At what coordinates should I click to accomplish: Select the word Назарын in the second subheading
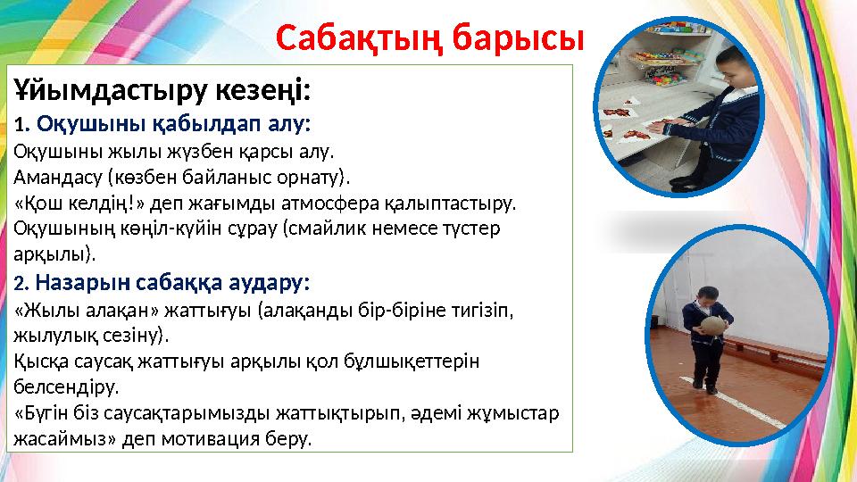[x=79, y=283]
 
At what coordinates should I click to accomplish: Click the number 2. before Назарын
[x=21, y=284]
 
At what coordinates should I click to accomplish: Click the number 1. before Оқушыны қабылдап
[x=21, y=122]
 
